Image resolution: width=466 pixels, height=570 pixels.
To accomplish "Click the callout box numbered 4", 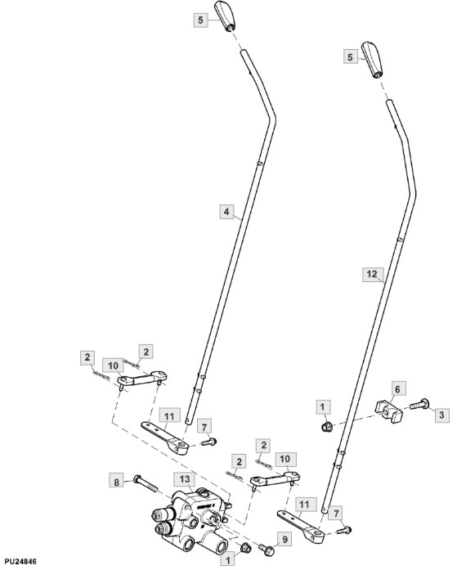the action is pyautogui.click(x=226, y=212).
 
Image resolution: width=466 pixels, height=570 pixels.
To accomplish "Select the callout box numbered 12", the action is pyautogui.click(x=372, y=274).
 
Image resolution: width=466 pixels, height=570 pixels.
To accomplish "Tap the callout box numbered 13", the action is pyautogui.click(x=185, y=479).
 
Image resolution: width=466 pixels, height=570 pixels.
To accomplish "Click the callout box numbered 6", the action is pyautogui.click(x=397, y=389).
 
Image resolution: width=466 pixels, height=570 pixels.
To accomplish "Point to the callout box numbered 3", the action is pyautogui.click(x=441, y=415).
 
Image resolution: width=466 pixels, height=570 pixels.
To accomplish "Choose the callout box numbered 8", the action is pyautogui.click(x=116, y=482).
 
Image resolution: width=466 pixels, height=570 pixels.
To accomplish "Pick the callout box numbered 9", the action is pyautogui.click(x=285, y=540).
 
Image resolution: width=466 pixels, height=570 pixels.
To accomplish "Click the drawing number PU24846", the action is pyautogui.click(x=19, y=562).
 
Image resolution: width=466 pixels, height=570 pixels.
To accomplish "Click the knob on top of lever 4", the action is pyautogui.click(x=226, y=16).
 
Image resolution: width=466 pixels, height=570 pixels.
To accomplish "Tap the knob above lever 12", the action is pyautogui.click(x=371, y=60).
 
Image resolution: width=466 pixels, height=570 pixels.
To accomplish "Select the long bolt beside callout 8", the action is pyautogui.click(x=146, y=484).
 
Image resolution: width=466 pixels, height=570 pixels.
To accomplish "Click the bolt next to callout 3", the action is pyautogui.click(x=419, y=404).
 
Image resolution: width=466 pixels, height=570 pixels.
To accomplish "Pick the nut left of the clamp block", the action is pyautogui.click(x=326, y=426).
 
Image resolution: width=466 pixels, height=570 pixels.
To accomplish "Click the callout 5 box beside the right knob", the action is pyautogui.click(x=350, y=57).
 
